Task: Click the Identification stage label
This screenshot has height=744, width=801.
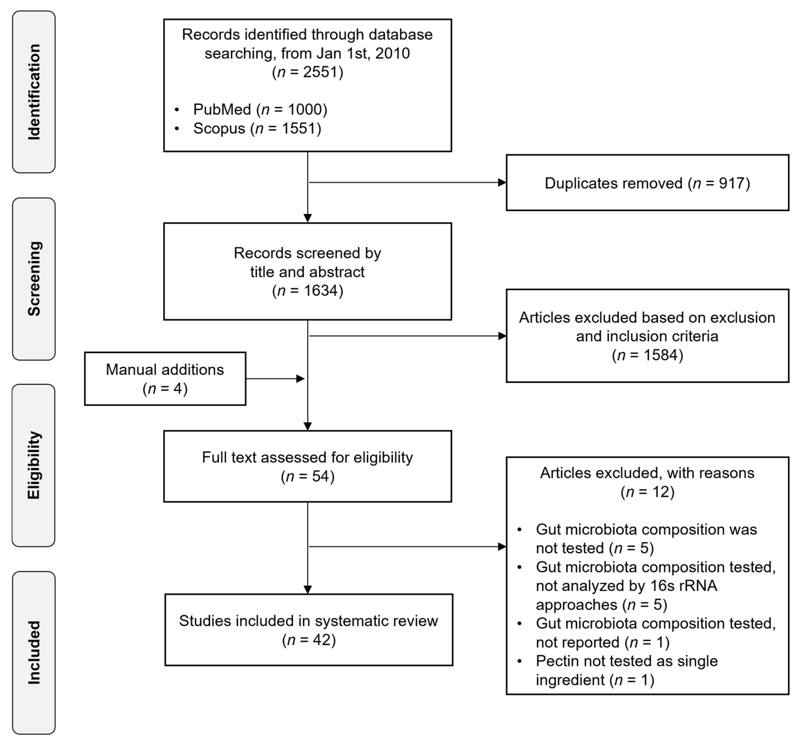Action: [x=34, y=92]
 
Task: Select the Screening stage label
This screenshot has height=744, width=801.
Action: [x=34, y=279]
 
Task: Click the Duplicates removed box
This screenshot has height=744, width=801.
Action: [x=647, y=183]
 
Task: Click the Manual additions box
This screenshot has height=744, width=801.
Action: [x=165, y=379]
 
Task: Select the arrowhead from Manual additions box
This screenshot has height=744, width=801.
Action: [x=300, y=379]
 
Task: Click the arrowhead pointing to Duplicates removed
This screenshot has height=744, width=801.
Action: [x=502, y=182]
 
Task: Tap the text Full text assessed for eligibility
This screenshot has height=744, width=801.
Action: [x=307, y=457]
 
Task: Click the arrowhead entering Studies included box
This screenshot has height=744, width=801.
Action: [x=307, y=589]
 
